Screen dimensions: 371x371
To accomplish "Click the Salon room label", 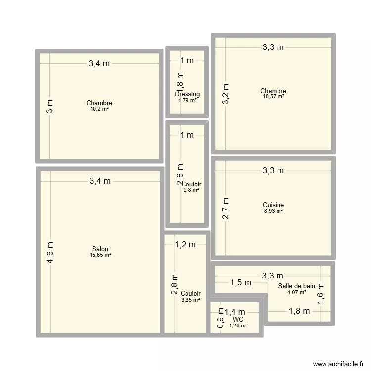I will coord(100,249).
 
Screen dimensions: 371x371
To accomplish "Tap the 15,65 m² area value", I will coord(100,255).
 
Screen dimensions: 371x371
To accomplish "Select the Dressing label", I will coord(187,94).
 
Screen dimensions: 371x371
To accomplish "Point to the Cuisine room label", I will coord(273,205).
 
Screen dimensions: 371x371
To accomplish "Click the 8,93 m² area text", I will coord(273,211).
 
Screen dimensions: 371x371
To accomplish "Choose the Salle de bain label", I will coord(296,286).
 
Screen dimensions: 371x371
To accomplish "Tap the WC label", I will coord(238,320).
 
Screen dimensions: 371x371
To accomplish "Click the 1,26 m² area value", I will coord(238,325).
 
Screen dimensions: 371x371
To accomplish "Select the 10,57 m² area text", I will coord(273,97).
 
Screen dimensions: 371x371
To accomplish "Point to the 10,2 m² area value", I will coord(99,109).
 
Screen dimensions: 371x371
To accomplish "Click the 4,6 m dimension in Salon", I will coord(51,252).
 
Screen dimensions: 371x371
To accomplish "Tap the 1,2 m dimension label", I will coord(185,244).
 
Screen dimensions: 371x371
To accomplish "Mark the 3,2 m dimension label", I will coord(226,92).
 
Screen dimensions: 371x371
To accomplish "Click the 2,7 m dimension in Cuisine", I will coord(226,209).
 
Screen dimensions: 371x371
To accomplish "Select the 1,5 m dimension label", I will coord(240,283).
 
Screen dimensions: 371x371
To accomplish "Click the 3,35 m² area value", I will coord(190,300).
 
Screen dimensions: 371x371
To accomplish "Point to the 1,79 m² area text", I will coord(187,100).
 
